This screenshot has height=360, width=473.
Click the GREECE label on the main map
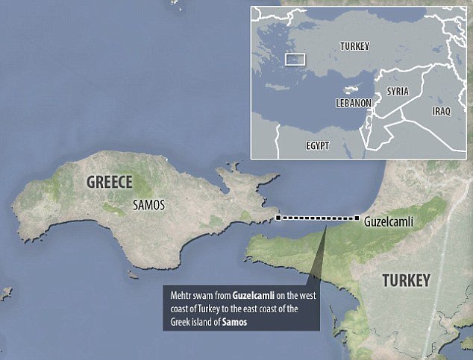(x=109, y=182)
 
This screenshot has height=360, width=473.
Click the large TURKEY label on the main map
(x=406, y=281)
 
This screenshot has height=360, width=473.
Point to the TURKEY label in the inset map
(x=354, y=46)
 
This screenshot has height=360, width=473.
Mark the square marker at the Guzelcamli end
(x=357, y=218)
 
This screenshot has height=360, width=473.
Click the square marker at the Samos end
(x=278, y=218)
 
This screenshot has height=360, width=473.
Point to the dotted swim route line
(x=318, y=218)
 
